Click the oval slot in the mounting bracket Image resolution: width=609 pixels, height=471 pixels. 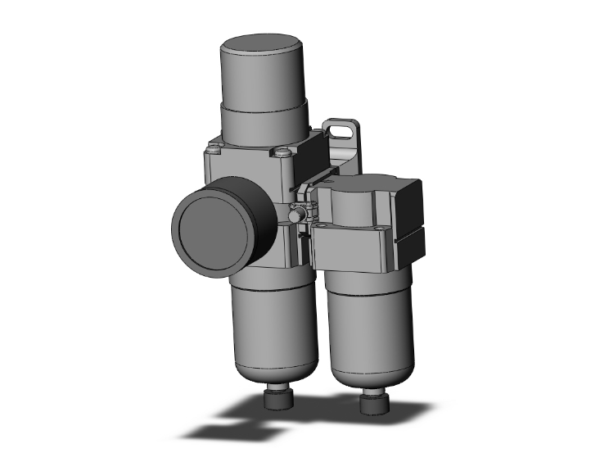coord(337,129)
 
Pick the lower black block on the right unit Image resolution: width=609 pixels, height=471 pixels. coord(410,245)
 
